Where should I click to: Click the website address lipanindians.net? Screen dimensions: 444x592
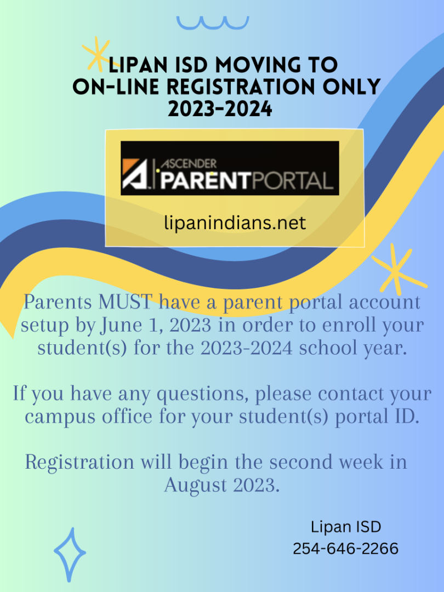(x=235, y=223)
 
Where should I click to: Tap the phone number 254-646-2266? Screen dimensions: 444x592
(x=345, y=549)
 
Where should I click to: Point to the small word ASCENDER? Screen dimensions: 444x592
(x=189, y=164)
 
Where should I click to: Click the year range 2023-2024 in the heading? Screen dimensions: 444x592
(x=220, y=109)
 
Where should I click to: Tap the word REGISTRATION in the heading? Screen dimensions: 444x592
(x=240, y=87)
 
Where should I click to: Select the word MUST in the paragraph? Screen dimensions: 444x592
(x=125, y=302)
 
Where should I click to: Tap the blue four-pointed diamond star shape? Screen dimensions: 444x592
(x=70, y=554)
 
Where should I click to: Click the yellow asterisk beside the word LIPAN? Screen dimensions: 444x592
(x=97, y=54)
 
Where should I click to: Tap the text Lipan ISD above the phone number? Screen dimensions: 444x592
(x=346, y=527)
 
